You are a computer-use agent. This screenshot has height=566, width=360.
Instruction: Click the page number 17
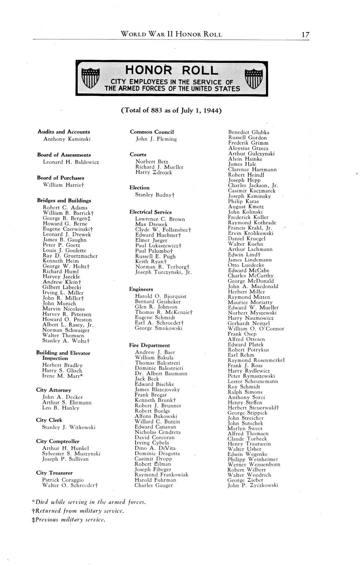(305, 34)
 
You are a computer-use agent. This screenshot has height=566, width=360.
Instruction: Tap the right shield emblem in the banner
(253, 78)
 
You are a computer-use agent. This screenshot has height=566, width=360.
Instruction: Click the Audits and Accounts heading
(64, 132)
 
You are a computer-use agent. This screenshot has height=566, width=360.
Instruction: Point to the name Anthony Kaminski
(67, 139)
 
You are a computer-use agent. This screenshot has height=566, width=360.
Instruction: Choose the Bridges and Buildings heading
(64, 201)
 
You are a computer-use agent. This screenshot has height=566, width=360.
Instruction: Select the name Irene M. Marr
(63, 376)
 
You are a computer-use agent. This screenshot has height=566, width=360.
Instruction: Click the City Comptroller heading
(58, 441)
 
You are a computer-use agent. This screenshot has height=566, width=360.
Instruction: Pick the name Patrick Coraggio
(63, 480)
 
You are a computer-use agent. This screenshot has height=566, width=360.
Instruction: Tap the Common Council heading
(152, 132)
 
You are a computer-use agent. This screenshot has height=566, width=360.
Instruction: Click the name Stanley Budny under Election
(155, 195)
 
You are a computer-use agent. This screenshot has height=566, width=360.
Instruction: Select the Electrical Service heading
(150, 212)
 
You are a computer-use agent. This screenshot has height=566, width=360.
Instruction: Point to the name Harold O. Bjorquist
(161, 296)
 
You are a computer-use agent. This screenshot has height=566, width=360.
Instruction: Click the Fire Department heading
(149, 345)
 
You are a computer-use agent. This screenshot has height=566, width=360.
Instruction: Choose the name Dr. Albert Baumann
(161, 374)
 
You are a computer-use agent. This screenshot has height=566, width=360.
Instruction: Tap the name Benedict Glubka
(248, 132)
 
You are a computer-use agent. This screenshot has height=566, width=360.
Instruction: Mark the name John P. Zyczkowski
(253, 485)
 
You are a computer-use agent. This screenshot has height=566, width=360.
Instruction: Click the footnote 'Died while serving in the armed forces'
(89, 502)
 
